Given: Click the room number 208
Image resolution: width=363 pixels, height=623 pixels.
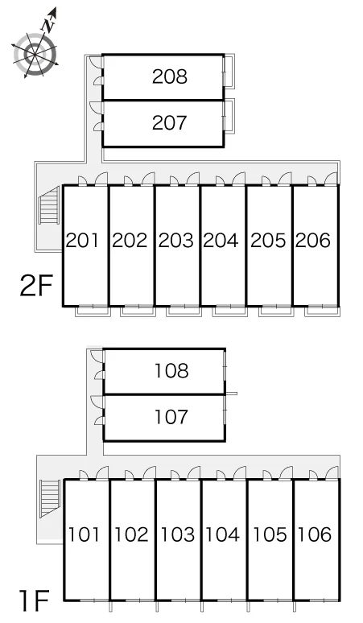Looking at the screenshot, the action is point(170,76).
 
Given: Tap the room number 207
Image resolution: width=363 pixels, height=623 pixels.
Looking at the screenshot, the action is point(170,123).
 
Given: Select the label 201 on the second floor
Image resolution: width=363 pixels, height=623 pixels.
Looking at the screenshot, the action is point(82,241).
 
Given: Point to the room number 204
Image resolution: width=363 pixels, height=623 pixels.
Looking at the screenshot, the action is point(221,241).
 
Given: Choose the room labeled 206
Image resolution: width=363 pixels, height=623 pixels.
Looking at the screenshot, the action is point(313,241).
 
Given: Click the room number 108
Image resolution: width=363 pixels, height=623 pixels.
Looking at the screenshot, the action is point(171,371).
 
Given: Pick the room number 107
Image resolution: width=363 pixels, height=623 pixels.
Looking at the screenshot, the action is point(171,417).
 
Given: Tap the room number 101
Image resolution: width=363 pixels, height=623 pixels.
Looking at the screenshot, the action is point(84,534).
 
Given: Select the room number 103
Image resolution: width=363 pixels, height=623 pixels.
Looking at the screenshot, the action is point(177,534).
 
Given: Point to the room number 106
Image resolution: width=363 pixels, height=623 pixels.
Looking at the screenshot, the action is point(314,534).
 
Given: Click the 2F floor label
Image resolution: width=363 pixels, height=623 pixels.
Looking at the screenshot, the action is point(36,286).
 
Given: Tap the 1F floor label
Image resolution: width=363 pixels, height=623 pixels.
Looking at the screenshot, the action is point(34,600).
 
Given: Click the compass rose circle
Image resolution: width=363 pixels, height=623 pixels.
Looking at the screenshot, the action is point(35,55).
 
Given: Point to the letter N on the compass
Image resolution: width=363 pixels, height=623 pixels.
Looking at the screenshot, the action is point(48,26).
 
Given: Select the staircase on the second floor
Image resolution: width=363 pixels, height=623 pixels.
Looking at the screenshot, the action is point(49,205).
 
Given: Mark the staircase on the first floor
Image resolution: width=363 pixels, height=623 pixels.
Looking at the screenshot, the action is point(50,498).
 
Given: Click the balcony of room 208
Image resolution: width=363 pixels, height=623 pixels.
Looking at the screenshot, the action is point(229,71).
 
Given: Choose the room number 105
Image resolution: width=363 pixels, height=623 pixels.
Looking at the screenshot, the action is point(270,534).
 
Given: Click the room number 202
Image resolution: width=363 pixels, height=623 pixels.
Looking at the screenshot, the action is point(130,241).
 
